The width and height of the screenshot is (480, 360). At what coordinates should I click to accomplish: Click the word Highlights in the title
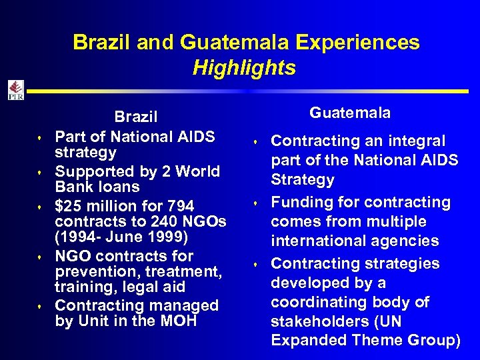pos(244,68)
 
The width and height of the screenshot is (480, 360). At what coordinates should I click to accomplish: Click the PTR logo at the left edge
pos(15,90)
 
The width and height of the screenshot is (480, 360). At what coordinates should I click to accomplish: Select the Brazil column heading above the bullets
pos(136,117)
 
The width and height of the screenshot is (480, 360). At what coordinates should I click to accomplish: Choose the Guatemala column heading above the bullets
pos(350,113)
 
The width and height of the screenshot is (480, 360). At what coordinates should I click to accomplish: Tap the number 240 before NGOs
pos(171,221)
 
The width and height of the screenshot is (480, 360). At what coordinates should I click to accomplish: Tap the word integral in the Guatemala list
pos(415,141)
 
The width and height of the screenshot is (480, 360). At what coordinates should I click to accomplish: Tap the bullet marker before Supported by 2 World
pos(41,172)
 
